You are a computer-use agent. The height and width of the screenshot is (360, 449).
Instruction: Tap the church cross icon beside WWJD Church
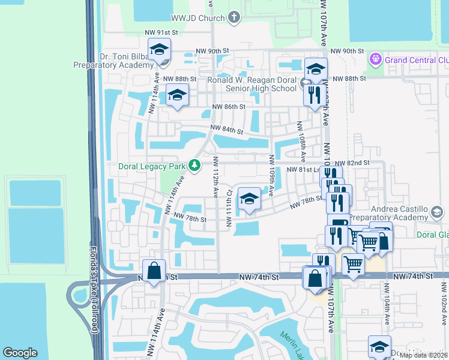(234, 19)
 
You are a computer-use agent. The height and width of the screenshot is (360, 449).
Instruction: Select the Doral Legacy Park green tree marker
(194, 164)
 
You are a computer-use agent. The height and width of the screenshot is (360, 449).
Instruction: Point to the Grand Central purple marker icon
(376, 59)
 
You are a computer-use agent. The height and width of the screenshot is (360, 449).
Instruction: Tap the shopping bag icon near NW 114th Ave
(154, 270)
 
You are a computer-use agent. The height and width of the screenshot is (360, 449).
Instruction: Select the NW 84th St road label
(226, 130)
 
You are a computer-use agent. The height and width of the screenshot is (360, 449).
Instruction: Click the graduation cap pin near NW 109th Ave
(249, 199)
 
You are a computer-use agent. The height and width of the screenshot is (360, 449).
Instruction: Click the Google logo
(20, 353)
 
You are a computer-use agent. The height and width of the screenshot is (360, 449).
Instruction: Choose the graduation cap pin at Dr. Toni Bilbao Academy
(160, 49)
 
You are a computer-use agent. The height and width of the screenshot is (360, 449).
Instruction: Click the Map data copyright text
(423, 355)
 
